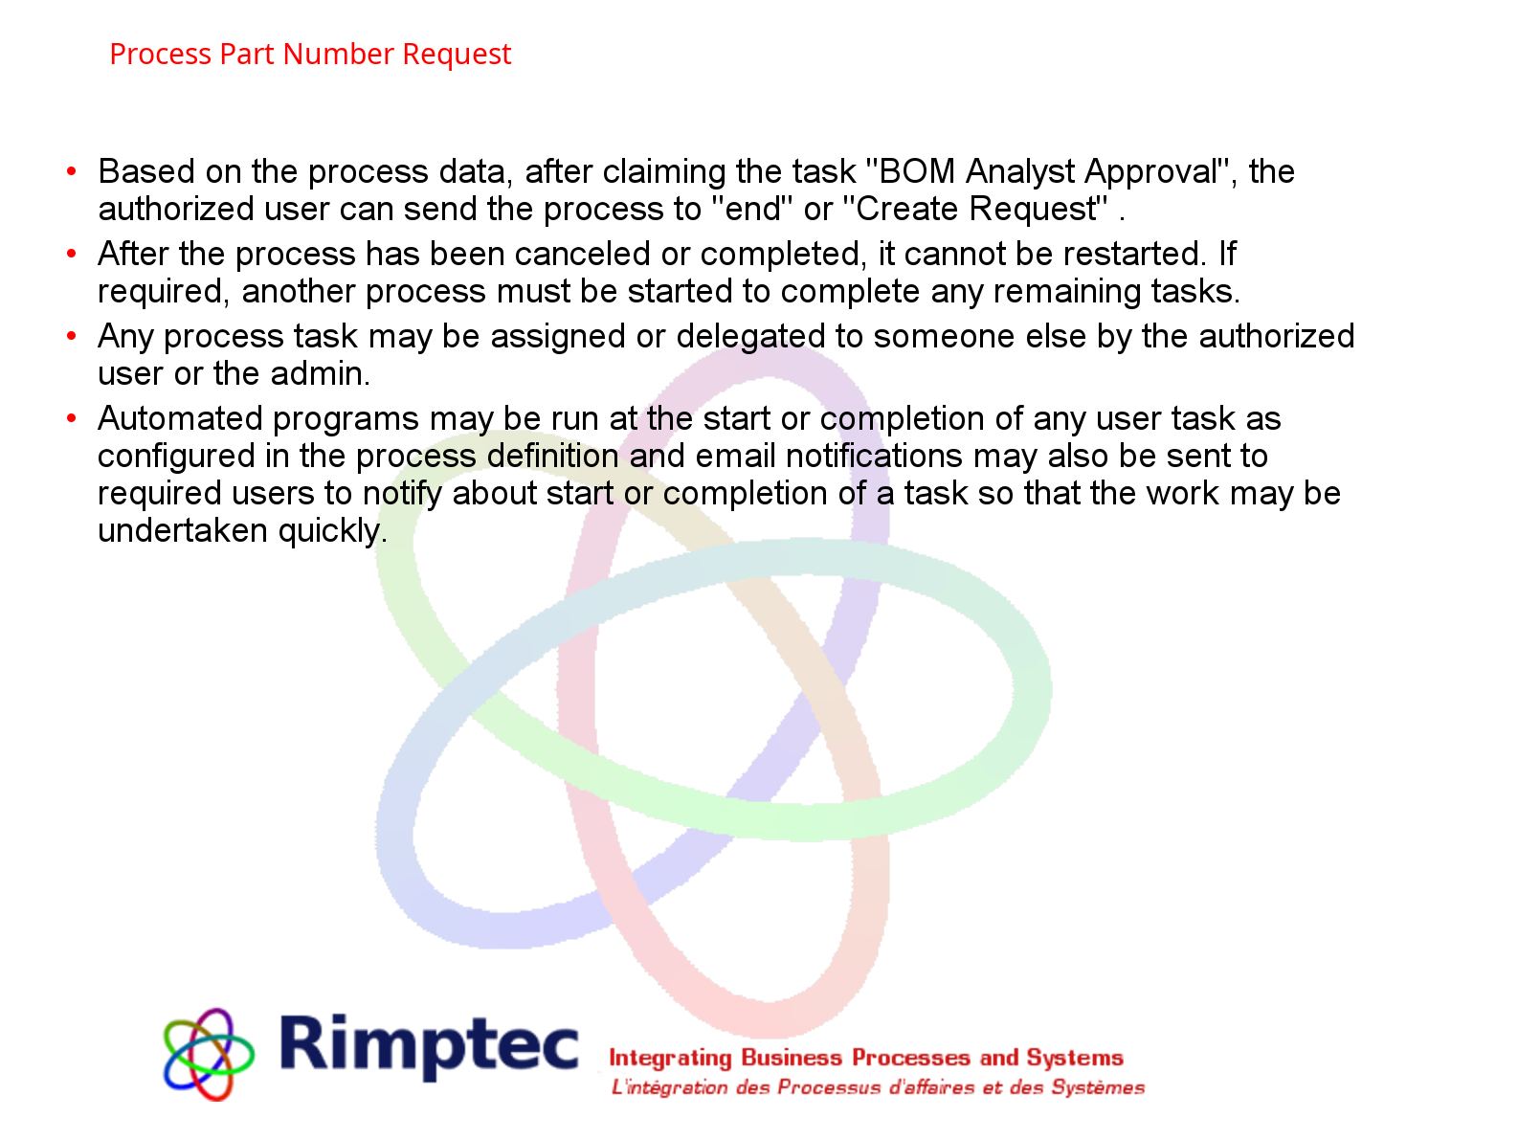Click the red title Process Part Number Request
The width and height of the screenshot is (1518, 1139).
pyautogui.click(x=310, y=54)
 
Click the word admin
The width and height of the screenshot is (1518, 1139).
pyautogui.click(x=321, y=373)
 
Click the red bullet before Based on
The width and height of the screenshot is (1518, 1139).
pyautogui.click(x=71, y=170)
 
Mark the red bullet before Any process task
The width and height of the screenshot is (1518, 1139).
pyautogui.click(x=71, y=335)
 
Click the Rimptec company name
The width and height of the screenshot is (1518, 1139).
pyautogui.click(x=429, y=1045)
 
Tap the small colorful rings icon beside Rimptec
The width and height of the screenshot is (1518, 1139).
pyautogui.click(x=208, y=1054)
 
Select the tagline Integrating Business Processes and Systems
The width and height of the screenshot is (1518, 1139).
pyautogui.click(x=866, y=1058)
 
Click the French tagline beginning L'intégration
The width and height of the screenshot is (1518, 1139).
pyautogui.click(x=878, y=1088)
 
